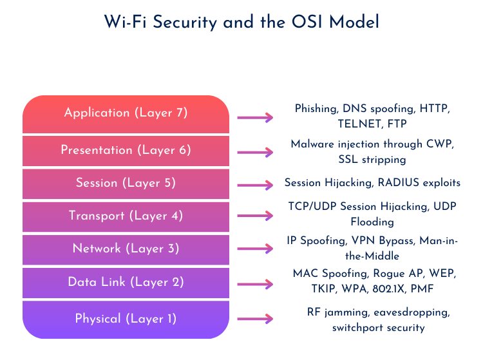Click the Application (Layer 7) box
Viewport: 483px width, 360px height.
(126, 114)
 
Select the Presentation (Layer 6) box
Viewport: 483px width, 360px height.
(126, 151)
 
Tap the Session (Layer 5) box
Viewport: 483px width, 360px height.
(126, 184)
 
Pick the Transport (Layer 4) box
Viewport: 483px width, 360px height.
(126, 217)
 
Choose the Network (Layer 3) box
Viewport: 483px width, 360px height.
(126, 250)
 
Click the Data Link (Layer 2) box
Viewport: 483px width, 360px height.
(126, 283)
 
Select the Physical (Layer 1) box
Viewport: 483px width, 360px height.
(126, 319)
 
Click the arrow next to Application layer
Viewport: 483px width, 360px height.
(255, 117)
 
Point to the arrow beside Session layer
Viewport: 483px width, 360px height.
(255, 185)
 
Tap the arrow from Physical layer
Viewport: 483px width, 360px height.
(255, 318)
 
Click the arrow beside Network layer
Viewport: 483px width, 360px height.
(255, 248)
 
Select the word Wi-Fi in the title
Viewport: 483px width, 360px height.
(126, 22)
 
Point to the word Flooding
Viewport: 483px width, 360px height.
(372, 222)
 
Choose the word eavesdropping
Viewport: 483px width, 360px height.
(412, 312)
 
